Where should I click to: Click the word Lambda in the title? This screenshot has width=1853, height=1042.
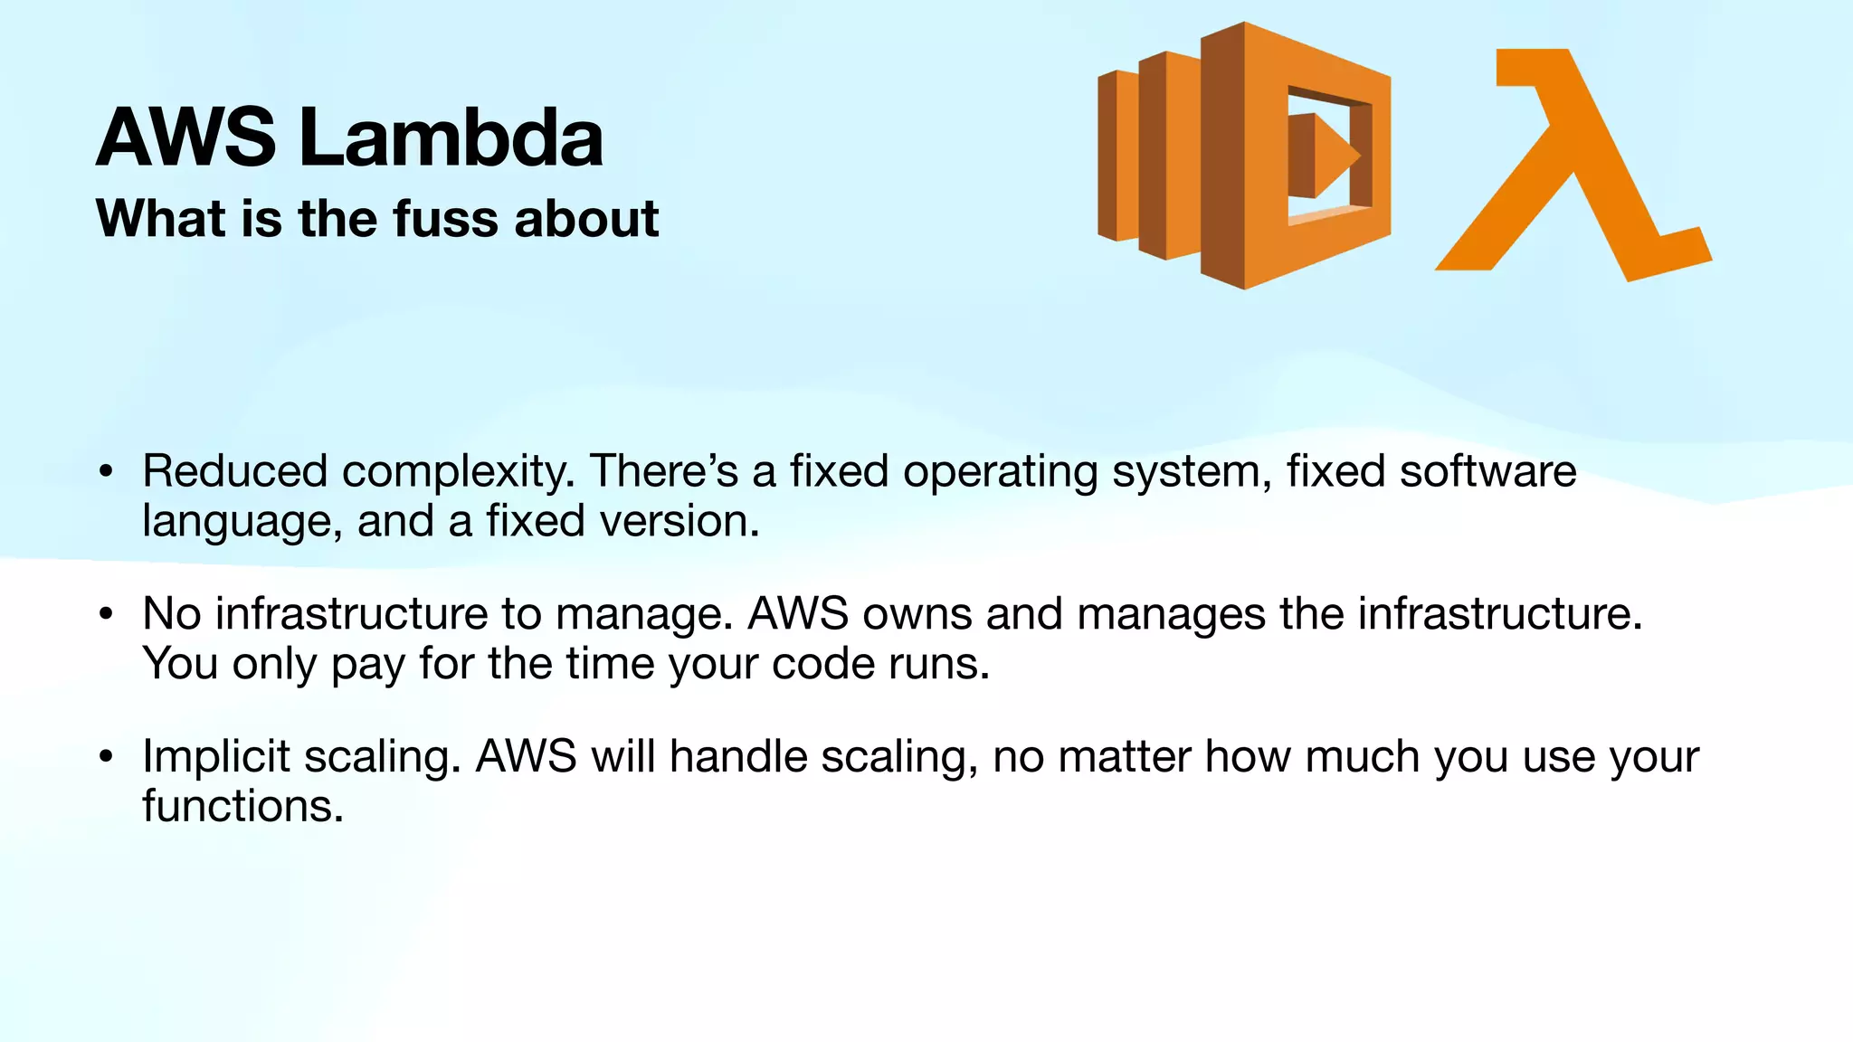(450, 137)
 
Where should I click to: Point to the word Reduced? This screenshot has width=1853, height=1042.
(234, 471)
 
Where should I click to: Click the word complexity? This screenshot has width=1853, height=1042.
(458, 473)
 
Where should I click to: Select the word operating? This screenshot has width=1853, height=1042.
(1000, 473)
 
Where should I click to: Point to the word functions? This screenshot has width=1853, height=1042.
(242, 806)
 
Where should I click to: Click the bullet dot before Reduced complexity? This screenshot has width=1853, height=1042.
(107, 472)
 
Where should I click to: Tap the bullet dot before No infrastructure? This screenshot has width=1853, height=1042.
(107, 615)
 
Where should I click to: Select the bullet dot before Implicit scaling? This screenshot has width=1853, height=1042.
(107, 757)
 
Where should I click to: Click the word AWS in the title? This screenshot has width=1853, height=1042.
(186, 137)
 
